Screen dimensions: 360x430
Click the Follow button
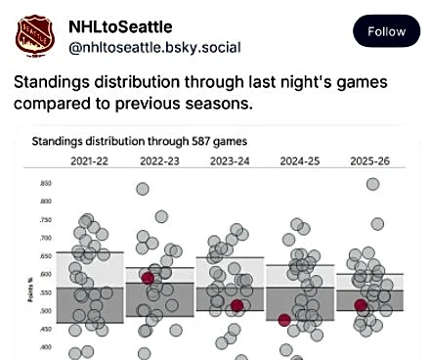pyautogui.click(x=386, y=31)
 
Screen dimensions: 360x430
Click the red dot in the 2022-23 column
pyautogui.click(x=149, y=278)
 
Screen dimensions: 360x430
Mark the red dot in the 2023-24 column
pyautogui.click(x=237, y=306)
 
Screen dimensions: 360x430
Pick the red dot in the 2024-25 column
pyautogui.click(x=284, y=320)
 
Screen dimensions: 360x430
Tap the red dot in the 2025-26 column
pyautogui.click(x=361, y=305)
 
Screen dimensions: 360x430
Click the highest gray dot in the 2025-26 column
pyautogui.click(x=372, y=184)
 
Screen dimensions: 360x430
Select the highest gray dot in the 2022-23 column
pyautogui.click(x=143, y=190)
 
